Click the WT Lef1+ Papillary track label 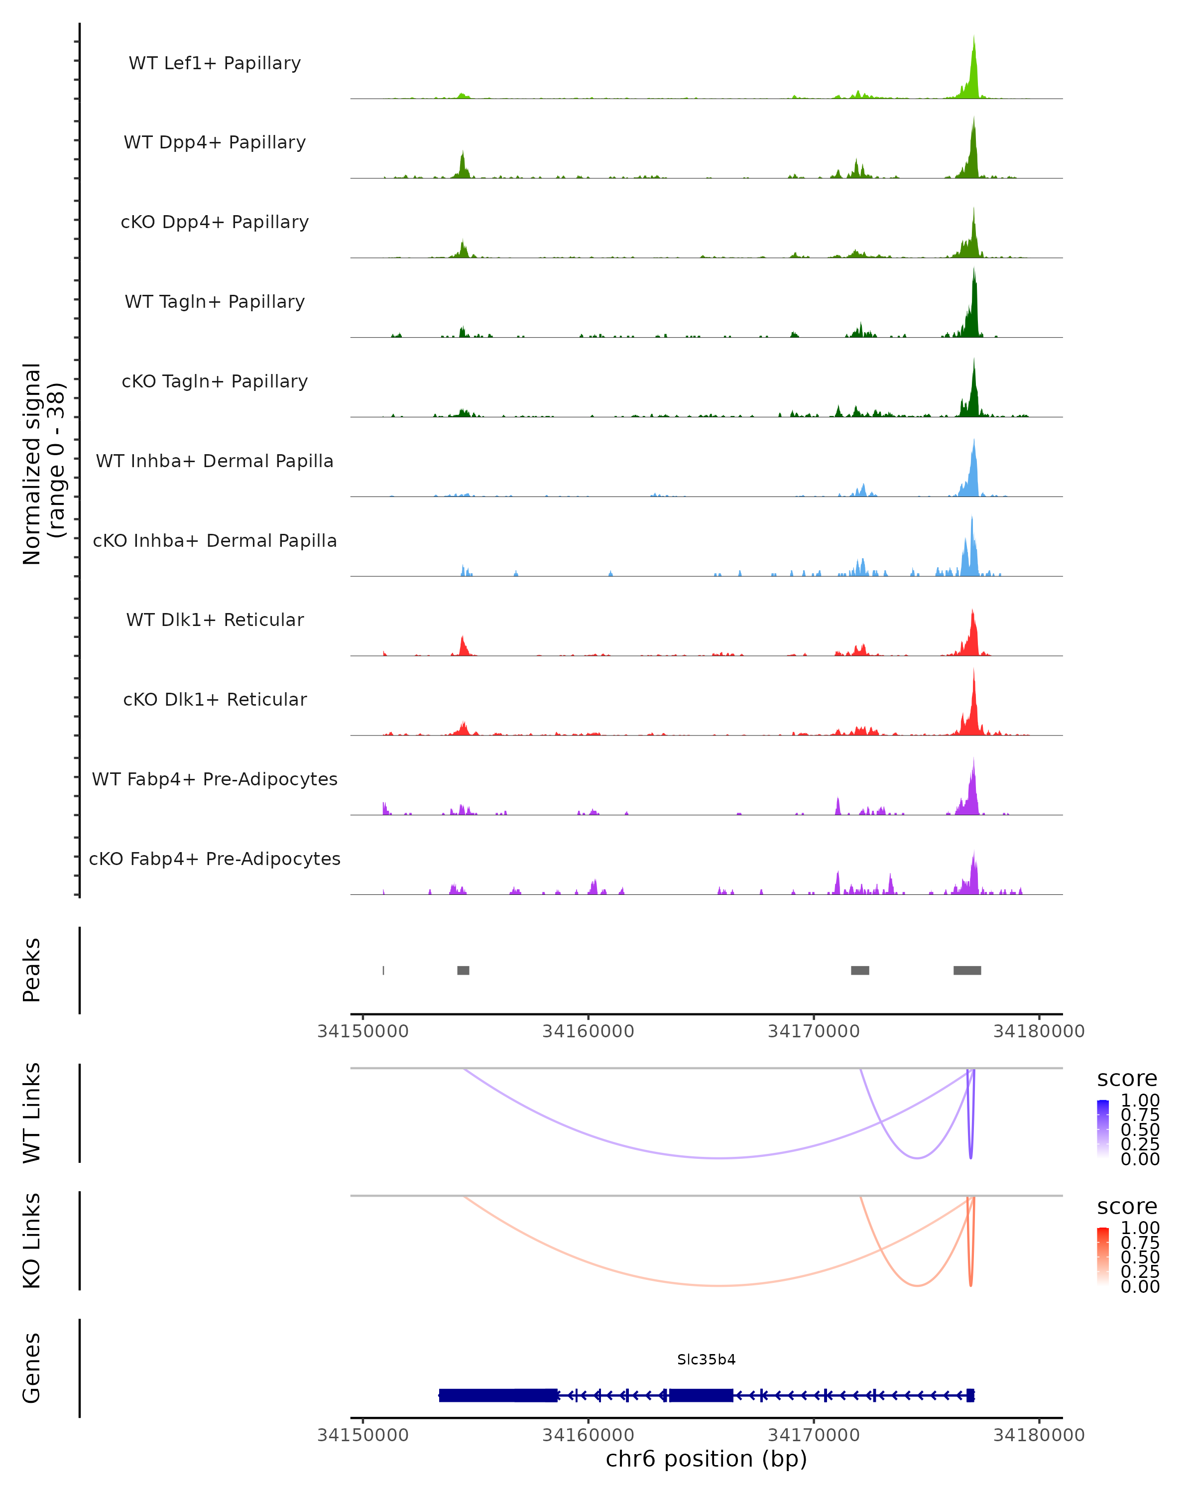215,64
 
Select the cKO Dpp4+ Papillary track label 215,223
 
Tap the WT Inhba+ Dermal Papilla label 215,462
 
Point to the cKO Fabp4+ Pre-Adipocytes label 215,859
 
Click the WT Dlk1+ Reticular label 215,620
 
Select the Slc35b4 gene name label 706,1360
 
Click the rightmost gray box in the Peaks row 967,970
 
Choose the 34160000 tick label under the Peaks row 588,1032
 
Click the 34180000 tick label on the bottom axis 1039,1435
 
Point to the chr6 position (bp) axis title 706,1459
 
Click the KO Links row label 32,1241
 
